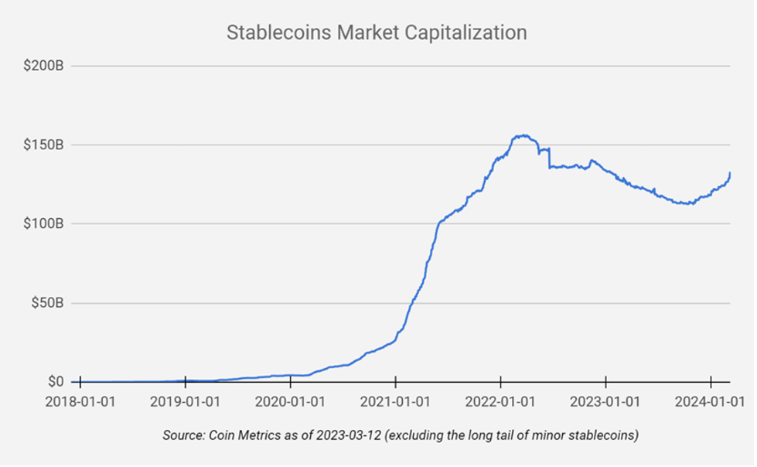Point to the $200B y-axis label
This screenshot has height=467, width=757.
(x=43, y=66)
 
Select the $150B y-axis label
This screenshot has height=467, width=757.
(x=43, y=145)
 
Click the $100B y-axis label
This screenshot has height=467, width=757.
(x=43, y=223)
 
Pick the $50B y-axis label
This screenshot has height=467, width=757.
(x=46, y=302)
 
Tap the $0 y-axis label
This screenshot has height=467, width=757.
(x=55, y=381)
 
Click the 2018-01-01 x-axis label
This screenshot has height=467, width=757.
(x=80, y=401)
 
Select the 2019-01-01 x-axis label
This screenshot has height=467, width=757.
(x=185, y=401)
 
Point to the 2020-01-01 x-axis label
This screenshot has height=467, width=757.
(x=290, y=401)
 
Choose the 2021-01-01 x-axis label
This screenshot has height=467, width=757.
(x=395, y=401)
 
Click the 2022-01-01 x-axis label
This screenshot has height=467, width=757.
(x=500, y=401)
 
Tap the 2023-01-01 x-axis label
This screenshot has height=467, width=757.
(x=605, y=401)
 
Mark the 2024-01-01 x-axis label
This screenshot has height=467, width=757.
(x=711, y=401)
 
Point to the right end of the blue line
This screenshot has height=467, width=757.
(x=730, y=173)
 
